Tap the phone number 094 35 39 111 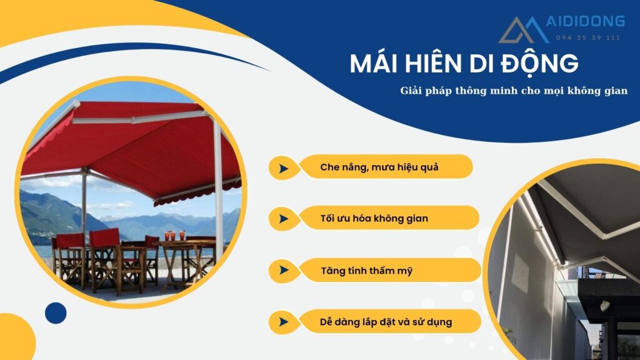[588, 37]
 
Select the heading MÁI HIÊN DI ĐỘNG [464, 64]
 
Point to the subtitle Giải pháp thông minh [514, 91]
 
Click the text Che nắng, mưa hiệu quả [375, 167]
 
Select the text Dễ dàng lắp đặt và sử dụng [385, 322]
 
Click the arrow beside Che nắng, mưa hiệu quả [284, 168]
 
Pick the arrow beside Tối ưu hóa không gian [284, 219]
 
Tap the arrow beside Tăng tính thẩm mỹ [284, 271]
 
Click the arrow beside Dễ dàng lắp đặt [284, 322]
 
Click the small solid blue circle [56, 313]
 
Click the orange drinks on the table [174, 236]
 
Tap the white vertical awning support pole [218, 187]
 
